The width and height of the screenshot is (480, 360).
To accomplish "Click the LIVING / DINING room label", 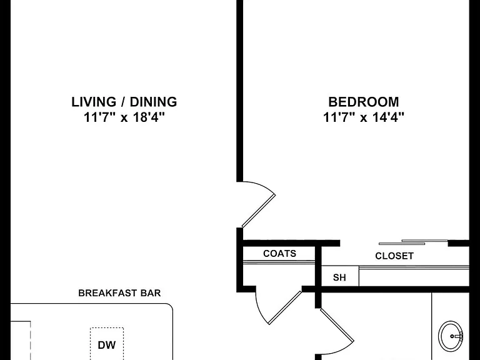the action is [x=124, y=102].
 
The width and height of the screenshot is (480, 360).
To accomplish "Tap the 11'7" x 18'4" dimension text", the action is [x=124, y=117].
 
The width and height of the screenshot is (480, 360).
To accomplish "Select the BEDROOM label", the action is [x=364, y=102].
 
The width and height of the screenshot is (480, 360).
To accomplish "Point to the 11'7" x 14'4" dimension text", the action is [x=364, y=117].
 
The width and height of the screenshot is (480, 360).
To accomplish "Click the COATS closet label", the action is [x=280, y=254].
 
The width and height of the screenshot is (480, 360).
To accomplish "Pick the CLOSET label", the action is [x=394, y=256].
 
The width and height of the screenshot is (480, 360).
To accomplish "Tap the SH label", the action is [x=339, y=277].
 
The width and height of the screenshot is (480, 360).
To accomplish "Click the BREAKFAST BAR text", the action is [x=120, y=293].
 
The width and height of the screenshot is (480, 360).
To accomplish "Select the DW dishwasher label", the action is [x=106, y=345].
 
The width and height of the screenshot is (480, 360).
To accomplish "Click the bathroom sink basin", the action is [x=450, y=336].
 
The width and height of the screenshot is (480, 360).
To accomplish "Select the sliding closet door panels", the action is [x=413, y=242].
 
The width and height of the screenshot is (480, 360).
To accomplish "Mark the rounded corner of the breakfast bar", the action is [x=170, y=306].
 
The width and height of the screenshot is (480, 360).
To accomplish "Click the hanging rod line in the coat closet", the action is [x=279, y=262].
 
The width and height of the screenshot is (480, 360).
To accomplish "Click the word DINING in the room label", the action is [x=153, y=102].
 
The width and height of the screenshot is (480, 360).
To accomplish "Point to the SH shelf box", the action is [x=340, y=276].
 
